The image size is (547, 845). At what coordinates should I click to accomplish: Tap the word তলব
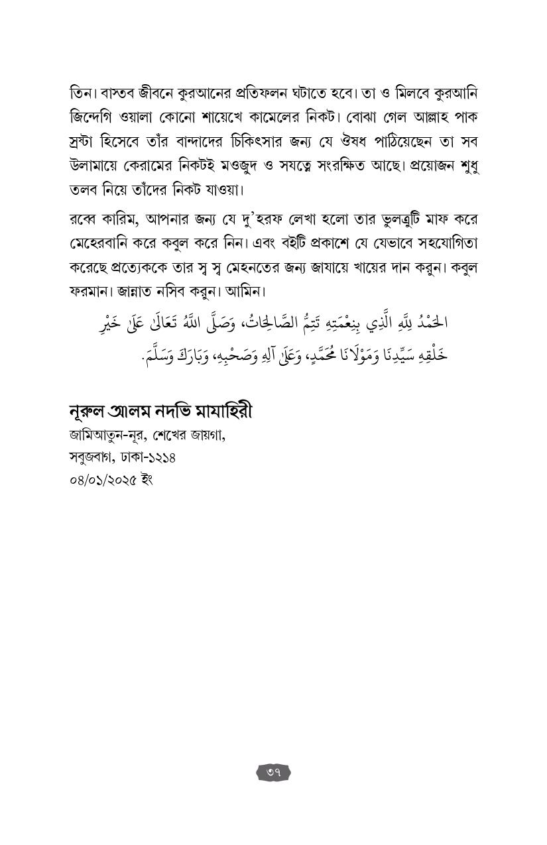(83, 190)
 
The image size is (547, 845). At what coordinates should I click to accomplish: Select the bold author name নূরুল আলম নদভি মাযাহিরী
(160, 412)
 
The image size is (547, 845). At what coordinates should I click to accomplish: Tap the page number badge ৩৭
(273, 772)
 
